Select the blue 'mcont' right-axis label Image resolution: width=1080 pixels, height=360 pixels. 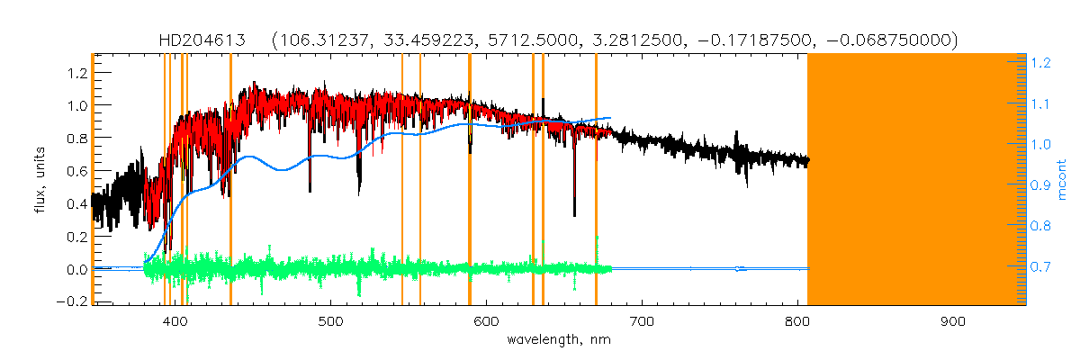[1065, 180]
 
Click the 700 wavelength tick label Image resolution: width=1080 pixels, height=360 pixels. [642, 321]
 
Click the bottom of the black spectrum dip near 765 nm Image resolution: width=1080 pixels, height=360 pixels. [745, 184]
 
